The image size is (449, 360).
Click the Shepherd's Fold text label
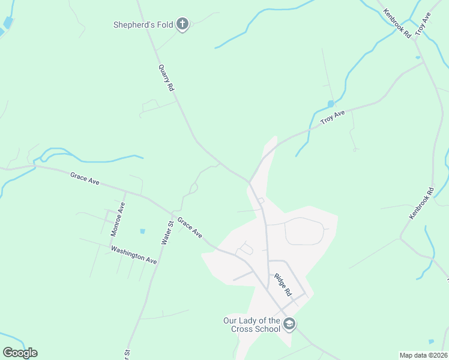tap(143, 25)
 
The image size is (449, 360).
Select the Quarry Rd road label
tap(166, 77)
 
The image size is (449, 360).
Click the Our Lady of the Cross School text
tap(252, 325)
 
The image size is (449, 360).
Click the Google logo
tap(20, 353)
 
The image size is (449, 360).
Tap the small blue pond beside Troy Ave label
tap(331, 104)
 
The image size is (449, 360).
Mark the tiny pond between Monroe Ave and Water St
tap(143, 231)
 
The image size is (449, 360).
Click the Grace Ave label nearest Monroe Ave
tap(85, 178)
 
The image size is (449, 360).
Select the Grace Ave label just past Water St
tap(190, 227)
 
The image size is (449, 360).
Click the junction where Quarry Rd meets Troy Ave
tap(249, 181)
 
